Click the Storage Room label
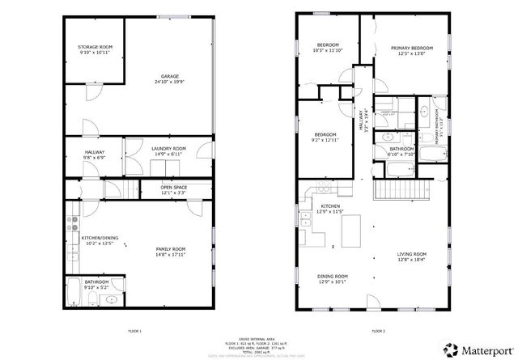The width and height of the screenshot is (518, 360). (95, 48)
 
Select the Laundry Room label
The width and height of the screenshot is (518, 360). (169, 149)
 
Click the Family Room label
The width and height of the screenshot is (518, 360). (171, 249)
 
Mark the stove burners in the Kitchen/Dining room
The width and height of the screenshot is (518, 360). (73, 217)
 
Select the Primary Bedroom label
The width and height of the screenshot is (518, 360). (408, 49)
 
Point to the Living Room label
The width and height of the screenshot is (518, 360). (411, 255)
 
